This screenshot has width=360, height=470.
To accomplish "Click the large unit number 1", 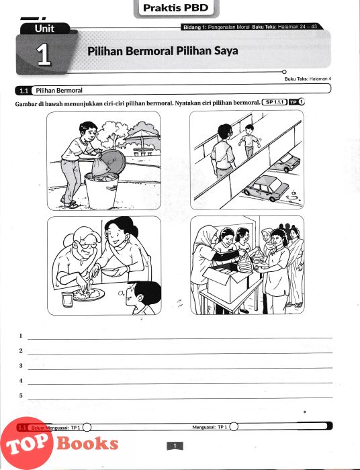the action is tap(44, 54).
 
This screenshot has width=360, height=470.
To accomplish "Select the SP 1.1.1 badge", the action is tap(275, 102).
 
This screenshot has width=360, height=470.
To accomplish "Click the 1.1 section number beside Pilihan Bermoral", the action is tap(24, 91).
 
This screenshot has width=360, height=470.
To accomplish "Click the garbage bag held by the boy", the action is tap(98, 165).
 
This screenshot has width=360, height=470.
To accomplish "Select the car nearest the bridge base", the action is tap(266, 188).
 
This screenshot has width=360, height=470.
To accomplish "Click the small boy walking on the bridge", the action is tap(249, 141).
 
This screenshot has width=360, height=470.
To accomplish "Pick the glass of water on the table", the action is tap(67, 299).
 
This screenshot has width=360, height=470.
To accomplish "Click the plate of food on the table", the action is tap(89, 294).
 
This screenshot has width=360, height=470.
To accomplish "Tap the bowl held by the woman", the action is tap(109, 272).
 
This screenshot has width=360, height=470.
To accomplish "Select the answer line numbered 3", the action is tap(180, 369).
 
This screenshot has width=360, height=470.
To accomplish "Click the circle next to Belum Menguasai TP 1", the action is tap(87, 427).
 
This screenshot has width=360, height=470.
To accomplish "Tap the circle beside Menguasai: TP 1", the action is tap(234, 426).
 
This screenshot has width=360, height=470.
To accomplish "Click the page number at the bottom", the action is tap(175, 446).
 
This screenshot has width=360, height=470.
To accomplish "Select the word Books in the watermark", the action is tap(87, 443).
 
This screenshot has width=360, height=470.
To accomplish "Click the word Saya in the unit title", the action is tap(226, 50).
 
